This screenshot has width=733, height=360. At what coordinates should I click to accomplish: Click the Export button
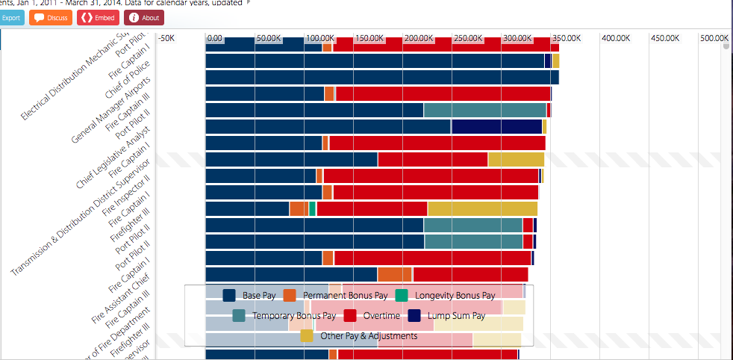[10, 17]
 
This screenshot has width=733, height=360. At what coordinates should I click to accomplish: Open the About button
[144, 17]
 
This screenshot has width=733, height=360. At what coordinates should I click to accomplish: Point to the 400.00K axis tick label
[617, 37]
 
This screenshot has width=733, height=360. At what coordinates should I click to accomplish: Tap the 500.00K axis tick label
[714, 37]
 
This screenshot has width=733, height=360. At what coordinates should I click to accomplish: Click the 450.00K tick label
[665, 37]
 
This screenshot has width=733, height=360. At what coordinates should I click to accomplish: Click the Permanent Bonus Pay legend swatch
[290, 296]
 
